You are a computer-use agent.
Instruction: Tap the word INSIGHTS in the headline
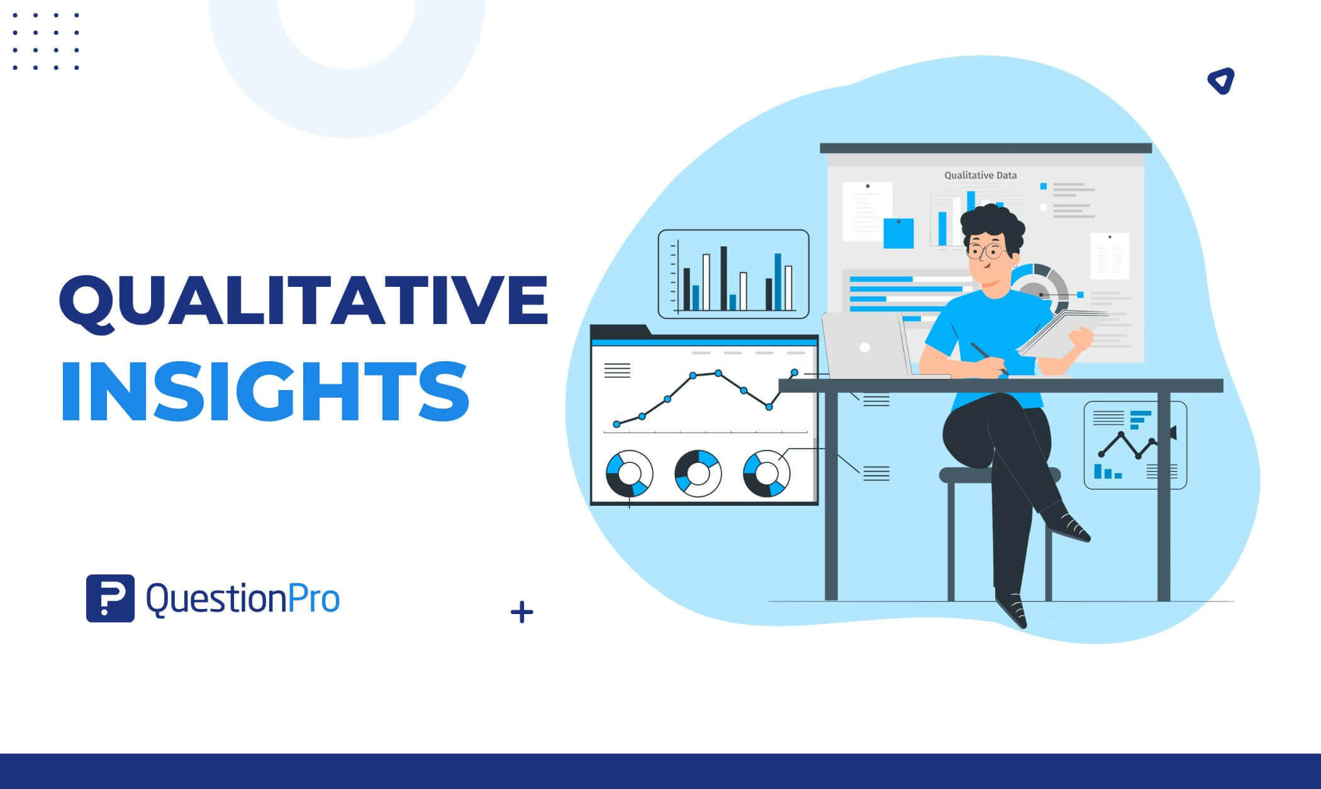[265, 391]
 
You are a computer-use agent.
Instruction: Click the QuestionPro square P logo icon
[110, 598]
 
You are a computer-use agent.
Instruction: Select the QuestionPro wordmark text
[243, 598]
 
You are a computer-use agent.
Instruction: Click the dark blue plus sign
[522, 612]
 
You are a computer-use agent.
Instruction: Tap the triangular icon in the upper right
[1221, 81]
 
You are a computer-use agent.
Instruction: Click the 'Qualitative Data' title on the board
[981, 176]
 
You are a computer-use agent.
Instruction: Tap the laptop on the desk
[868, 345]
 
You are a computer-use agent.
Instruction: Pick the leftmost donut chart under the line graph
[630, 474]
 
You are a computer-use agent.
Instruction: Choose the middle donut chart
[698, 474]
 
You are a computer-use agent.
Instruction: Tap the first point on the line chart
[616, 425]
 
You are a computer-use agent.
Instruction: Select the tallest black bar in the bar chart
[723, 278]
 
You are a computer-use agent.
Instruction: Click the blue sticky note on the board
[898, 233]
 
